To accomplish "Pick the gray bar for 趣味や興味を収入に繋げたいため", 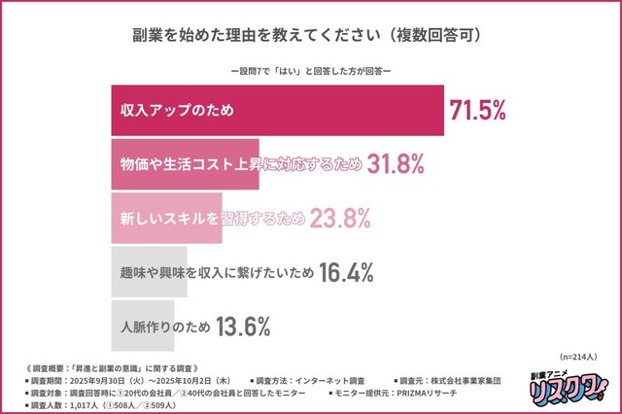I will pyautogui.click(x=147, y=273).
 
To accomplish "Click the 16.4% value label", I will pyautogui.click(x=346, y=274).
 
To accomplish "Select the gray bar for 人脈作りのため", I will pyautogui.click(x=140, y=328).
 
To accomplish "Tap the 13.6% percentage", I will pyautogui.click(x=242, y=328).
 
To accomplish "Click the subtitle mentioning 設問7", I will pyautogui.click(x=312, y=72).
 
